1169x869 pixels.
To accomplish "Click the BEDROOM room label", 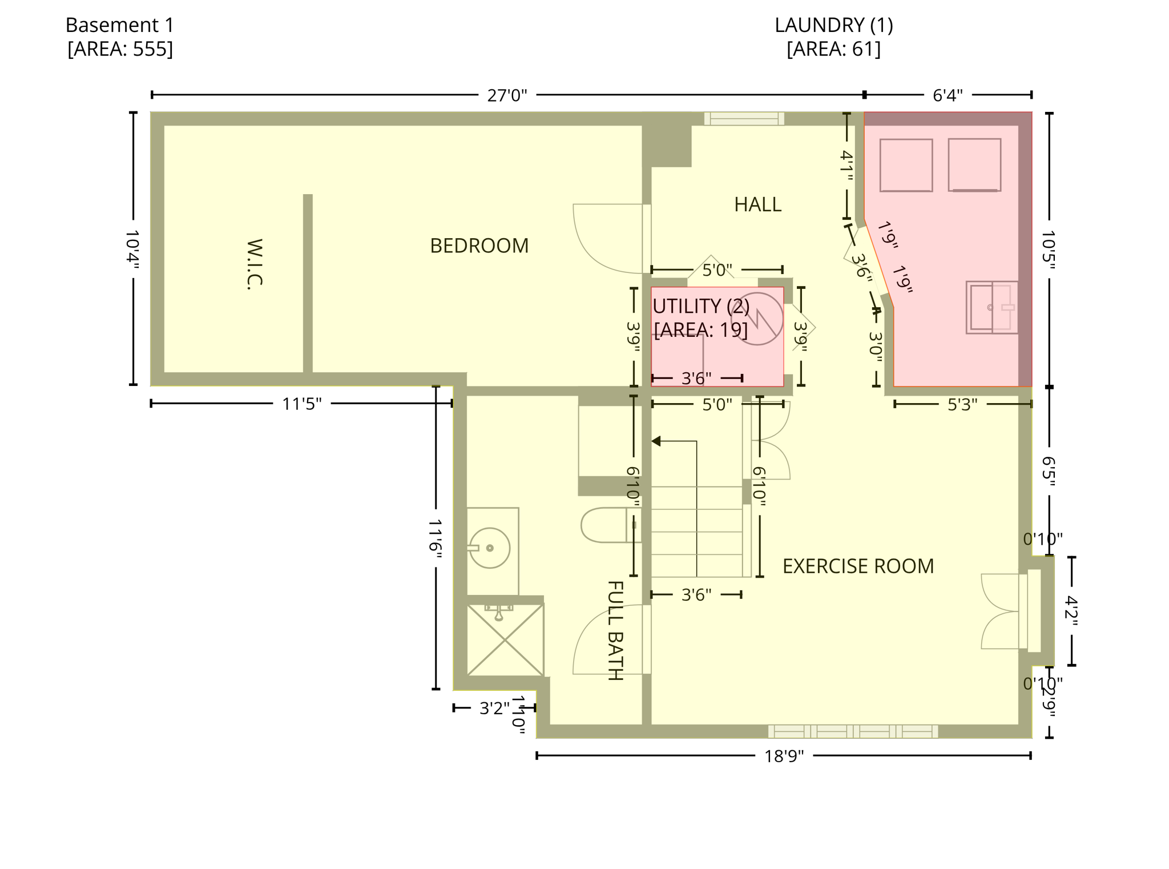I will (x=479, y=246).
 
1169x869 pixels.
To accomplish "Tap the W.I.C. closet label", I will (x=255, y=264).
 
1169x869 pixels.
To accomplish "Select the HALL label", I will (x=757, y=204).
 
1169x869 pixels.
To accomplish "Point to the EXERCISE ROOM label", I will (x=858, y=566).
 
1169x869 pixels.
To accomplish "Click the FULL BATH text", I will (x=614, y=630).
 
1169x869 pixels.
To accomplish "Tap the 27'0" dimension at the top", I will (x=507, y=95).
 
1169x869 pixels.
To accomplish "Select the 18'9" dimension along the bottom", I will (x=784, y=756).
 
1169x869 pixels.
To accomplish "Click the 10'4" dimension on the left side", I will (x=132, y=249).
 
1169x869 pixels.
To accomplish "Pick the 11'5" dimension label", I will (x=301, y=404).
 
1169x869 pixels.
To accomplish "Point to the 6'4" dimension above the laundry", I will (x=948, y=95).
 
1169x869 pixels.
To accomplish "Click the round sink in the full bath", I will (x=490, y=548).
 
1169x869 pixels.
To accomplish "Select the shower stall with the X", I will (x=505, y=640).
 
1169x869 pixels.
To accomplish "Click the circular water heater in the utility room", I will (x=757, y=319).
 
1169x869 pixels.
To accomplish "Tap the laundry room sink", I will (x=991, y=307).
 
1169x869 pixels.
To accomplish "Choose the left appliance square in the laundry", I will (x=906, y=165).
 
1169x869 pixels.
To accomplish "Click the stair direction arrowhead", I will (x=656, y=441).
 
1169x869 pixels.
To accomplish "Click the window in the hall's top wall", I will (x=744, y=119).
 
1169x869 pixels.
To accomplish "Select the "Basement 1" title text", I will (x=119, y=25).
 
